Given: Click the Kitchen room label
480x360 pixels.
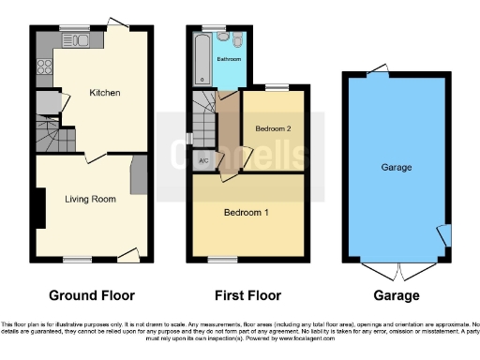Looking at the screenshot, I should (x=104, y=93).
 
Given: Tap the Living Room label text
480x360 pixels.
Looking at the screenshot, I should (x=90, y=199).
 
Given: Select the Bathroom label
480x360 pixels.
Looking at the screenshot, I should (x=230, y=59).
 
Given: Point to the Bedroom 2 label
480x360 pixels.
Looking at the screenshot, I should (x=274, y=128).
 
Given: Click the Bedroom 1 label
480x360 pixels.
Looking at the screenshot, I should (x=246, y=213).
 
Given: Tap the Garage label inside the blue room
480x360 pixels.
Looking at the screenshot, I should (x=397, y=167).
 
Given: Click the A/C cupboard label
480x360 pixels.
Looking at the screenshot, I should (x=203, y=160).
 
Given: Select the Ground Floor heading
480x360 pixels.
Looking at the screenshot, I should (x=91, y=295).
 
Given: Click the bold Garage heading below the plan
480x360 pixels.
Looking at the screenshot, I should (x=397, y=295).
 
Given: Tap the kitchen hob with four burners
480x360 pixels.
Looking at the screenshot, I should (x=44, y=67).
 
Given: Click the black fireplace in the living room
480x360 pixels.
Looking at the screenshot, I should (x=40, y=207).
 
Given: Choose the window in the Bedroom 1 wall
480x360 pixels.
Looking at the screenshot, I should (x=223, y=259).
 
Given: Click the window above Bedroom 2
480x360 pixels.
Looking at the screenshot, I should (x=275, y=88).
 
